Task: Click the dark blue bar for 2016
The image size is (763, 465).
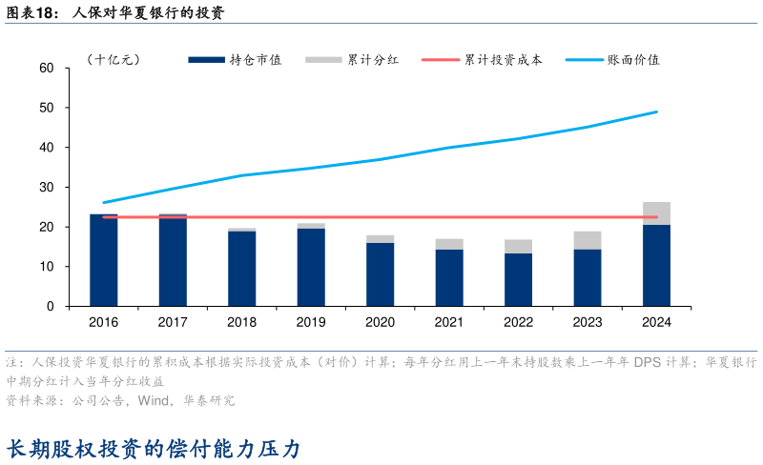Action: (103, 260)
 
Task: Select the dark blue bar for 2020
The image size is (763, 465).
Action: (380, 274)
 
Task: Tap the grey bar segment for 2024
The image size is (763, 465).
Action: (656, 213)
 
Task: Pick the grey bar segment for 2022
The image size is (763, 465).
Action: (518, 246)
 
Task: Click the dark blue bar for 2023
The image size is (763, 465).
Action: (587, 277)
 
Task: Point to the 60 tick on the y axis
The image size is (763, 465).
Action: (46, 69)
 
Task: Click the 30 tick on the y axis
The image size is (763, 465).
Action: (46, 188)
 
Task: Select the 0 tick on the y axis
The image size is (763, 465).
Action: (50, 307)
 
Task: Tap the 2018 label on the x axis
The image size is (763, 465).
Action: (241, 323)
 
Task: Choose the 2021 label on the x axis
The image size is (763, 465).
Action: (449, 323)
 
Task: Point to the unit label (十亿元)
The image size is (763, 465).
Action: (113, 59)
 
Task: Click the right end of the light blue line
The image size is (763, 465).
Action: (656, 111)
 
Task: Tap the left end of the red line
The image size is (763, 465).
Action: (103, 217)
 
